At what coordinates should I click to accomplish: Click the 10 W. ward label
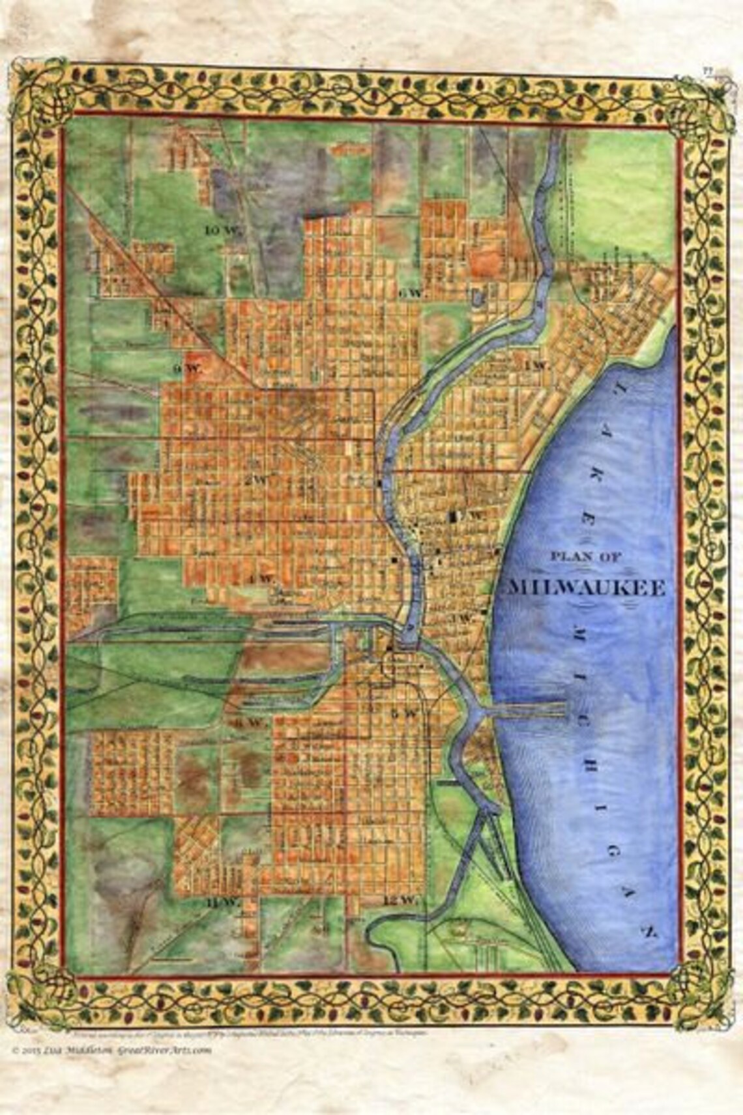(217, 230)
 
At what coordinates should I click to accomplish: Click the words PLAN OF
(577, 556)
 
